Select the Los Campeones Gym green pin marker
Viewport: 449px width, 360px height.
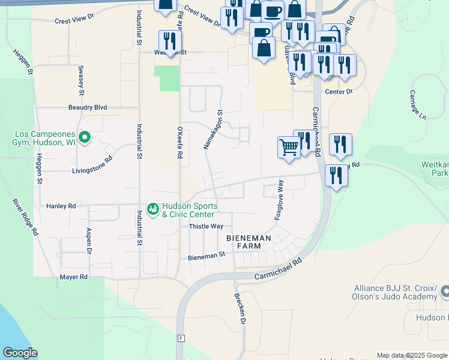click(x=85, y=138)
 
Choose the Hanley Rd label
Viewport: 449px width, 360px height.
click(x=61, y=206)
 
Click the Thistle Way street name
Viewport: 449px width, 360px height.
click(x=206, y=226)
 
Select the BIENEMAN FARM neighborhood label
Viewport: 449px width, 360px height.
click(x=249, y=242)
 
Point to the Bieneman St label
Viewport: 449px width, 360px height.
click(x=206, y=254)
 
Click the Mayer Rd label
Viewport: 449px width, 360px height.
click(x=74, y=277)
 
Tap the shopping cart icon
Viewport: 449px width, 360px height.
click(x=289, y=146)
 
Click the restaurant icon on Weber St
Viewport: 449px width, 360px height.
click(x=170, y=41)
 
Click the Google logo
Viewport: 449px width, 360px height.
click(x=20, y=353)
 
